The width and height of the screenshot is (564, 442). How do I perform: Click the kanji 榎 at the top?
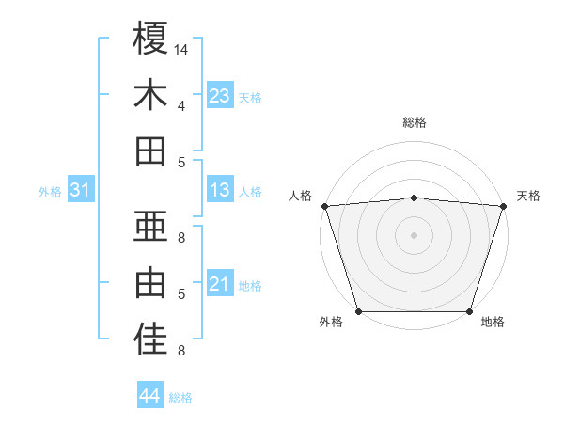150,39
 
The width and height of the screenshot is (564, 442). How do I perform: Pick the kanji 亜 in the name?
150,227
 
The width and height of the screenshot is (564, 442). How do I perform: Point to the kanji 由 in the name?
150,282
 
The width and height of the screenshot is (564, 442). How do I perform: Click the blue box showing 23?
220,96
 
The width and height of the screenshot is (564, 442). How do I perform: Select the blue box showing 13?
220,190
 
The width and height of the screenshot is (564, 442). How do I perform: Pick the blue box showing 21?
220,284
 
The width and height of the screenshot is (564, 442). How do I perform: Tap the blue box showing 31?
81,190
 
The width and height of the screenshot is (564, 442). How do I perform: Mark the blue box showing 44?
150,396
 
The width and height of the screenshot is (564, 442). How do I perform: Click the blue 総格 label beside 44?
180,398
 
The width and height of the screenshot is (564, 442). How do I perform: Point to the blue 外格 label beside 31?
50,192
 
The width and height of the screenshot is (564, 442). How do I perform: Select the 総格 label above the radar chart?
414,123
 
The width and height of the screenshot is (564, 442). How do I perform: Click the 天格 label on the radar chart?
528,197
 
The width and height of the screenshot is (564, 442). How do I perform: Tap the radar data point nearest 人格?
324,206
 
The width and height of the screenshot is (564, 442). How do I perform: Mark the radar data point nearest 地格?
469,311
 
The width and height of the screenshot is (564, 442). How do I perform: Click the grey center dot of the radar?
414,234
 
